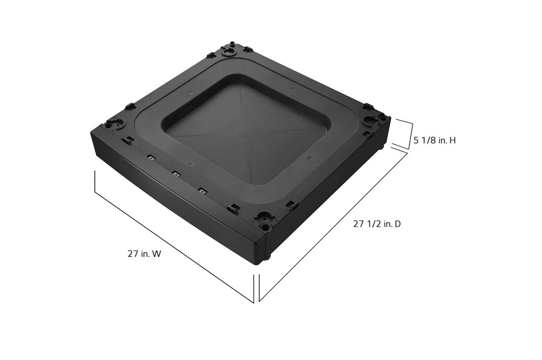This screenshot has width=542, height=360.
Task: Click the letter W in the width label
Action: pyautogui.click(x=157, y=254)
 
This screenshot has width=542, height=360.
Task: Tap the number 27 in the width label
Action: pyautogui.click(x=132, y=254)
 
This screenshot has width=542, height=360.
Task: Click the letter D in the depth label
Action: pyautogui.click(x=397, y=224)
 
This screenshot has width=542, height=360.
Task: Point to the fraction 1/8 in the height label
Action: pyautogui.click(x=427, y=141)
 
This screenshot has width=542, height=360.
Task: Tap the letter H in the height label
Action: pyautogui.click(x=452, y=141)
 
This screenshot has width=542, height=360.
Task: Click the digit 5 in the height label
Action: pyautogui.click(x=416, y=141)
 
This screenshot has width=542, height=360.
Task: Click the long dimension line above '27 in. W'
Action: pyautogui.click(x=172, y=235)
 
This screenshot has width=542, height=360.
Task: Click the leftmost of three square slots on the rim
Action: pyautogui.click(x=150, y=158)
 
